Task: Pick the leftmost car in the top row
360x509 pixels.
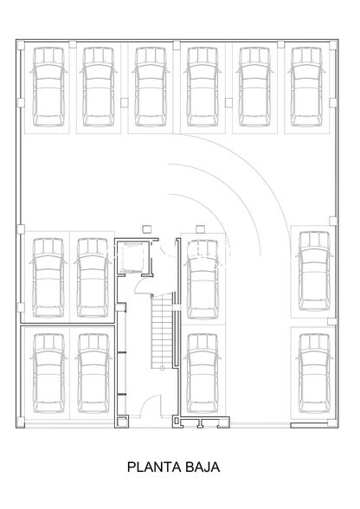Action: tap(48, 86)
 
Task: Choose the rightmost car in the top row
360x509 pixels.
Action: tap(308, 86)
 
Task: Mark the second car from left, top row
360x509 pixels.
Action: tap(100, 86)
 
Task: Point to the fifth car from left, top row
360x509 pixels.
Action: tap(256, 86)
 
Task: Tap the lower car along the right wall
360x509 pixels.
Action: tap(312, 370)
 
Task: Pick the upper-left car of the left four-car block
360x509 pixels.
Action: tap(48, 277)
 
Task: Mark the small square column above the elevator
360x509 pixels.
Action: tap(146, 229)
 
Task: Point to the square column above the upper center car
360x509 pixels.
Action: tap(201, 229)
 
